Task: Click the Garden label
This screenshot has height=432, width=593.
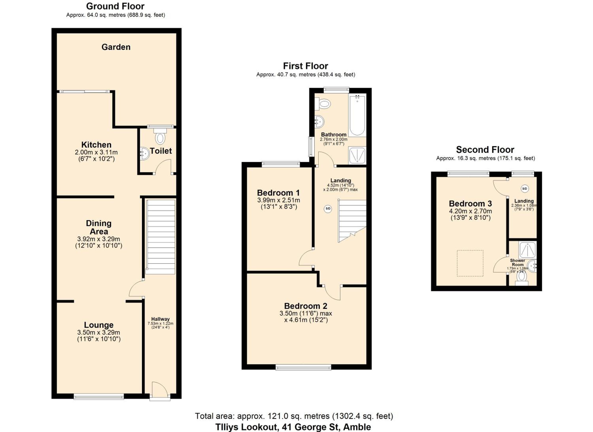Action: pos(116,47)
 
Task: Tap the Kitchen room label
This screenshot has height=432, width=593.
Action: pos(96,145)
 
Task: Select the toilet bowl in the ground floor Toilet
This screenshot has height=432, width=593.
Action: pos(160,136)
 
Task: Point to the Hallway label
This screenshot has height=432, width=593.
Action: pos(160,319)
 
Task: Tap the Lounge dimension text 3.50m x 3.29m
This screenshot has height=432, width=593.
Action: pos(99,332)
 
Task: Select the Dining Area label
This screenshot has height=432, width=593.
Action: pos(99,227)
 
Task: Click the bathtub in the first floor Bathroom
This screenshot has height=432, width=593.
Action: pos(357,115)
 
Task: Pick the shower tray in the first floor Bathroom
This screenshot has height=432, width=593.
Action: pos(357,156)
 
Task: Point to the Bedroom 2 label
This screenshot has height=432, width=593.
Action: pos(306,306)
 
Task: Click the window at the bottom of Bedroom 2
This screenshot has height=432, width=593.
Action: pos(303,368)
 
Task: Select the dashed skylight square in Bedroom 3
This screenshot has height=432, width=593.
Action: pos(470,263)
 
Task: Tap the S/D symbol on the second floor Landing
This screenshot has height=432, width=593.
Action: pos(524,188)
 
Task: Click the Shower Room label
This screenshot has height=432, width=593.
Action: pos(517,263)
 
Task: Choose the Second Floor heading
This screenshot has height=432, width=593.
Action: pos(485,149)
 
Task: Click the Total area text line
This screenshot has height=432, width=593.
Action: pos(294,416)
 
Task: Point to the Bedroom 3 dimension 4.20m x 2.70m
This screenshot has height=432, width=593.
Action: pos(470,211)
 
